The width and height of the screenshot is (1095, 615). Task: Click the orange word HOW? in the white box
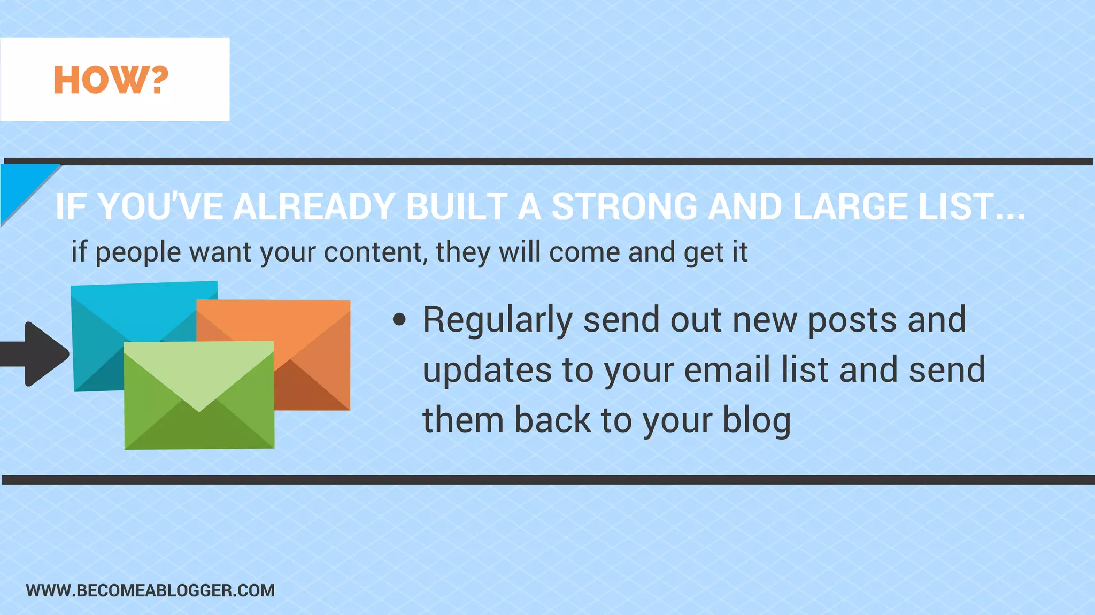pyautogui.click(x=111, y=80)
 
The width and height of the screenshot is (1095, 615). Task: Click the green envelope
pyautogui.click(x=199, y=422)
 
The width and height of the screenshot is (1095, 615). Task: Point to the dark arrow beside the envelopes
pyautogui.click(x=37, y=354)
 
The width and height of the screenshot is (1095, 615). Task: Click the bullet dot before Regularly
pyautogui.click(x=399, y=320)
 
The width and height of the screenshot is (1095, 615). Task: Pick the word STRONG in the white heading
pyautogui.click(x=624, y=206)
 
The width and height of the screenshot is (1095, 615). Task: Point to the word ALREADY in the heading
pyautogui.click(x=314, y=206)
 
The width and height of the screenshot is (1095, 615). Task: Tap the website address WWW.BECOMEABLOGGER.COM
pyautogui.click(x=150, y=590)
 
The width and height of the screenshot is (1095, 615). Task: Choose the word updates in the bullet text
pyautogui.click(x=487, y=370)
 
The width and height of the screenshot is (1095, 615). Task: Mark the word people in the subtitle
pyautogui.click(x=138, y=252)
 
